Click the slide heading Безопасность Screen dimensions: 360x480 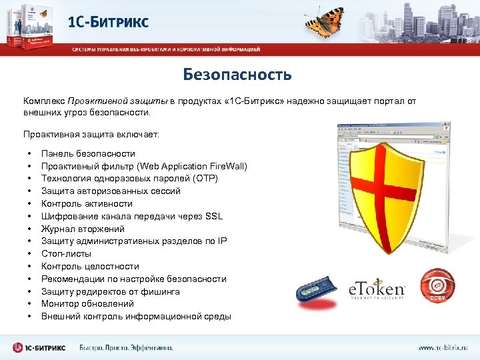[237, 74]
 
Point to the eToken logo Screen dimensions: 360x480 [377, 289]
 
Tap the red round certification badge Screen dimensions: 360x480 [437, 285]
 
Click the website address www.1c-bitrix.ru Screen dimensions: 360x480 [443, 347]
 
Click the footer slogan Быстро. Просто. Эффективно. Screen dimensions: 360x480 [126, 347]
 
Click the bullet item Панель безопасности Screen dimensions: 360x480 [88, 153]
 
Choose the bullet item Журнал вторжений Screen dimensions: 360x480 [83, 229]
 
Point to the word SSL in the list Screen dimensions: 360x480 [214, 216]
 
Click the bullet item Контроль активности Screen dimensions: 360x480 [87, 203]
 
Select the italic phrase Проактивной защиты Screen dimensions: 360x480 [117, 101]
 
